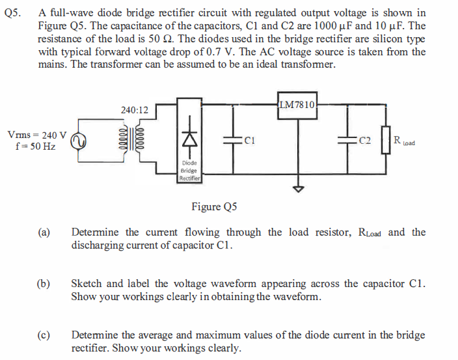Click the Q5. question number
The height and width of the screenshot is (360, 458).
[x=12, y=12]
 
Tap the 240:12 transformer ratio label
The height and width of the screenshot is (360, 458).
[x=134, y=110]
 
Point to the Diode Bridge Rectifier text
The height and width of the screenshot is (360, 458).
[x=189, y=171]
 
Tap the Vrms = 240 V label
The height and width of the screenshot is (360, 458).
[x=36, y=135]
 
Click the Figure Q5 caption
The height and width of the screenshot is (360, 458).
[x=214, y=207]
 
